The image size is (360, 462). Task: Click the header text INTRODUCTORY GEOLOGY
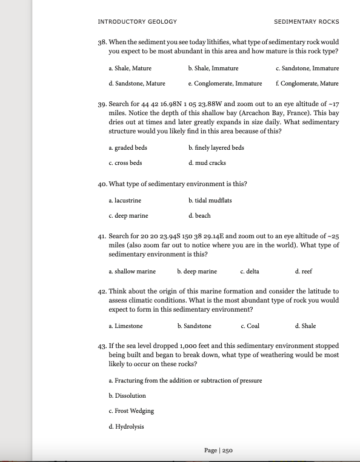pos(137,22)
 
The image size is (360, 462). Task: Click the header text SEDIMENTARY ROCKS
pos(306,22)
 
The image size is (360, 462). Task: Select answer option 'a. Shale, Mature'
pos(130,69)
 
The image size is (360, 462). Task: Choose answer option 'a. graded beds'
pos(127,147)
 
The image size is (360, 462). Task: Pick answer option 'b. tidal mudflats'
pos(210,200)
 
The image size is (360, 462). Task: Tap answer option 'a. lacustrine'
pos(125,200)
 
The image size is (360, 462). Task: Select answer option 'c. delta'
pos(250,271)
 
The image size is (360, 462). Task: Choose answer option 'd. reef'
pos(303,271)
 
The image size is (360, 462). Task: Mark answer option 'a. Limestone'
pos(125,326)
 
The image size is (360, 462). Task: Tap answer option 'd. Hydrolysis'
pos(126,426)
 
